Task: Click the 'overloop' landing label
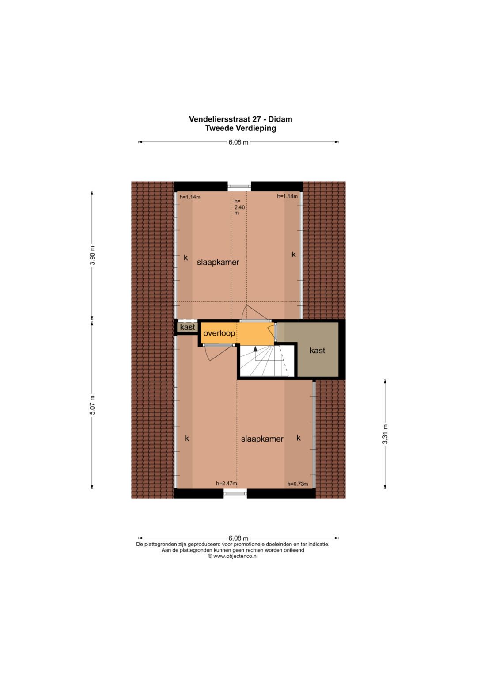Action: coord(219,333)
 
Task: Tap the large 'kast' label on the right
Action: coord(317,351)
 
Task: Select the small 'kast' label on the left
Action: coord(187,328)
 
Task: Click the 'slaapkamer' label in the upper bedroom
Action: coord(218,262)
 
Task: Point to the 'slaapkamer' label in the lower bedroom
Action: coord(262,439)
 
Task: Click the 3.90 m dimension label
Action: coord(92,255)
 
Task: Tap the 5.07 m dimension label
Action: coord(92,404)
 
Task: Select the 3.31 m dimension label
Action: coord(385,434)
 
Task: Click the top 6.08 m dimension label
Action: coord(238,142)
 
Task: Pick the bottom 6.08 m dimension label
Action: coord(238,538)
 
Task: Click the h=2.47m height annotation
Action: coord(226,484)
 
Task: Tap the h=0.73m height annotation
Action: coord(298,484)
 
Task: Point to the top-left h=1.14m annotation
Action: coord(190,197)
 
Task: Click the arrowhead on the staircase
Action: coord(255,349)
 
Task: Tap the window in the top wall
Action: coord(239,187)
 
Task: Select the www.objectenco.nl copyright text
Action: coord(233,556)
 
